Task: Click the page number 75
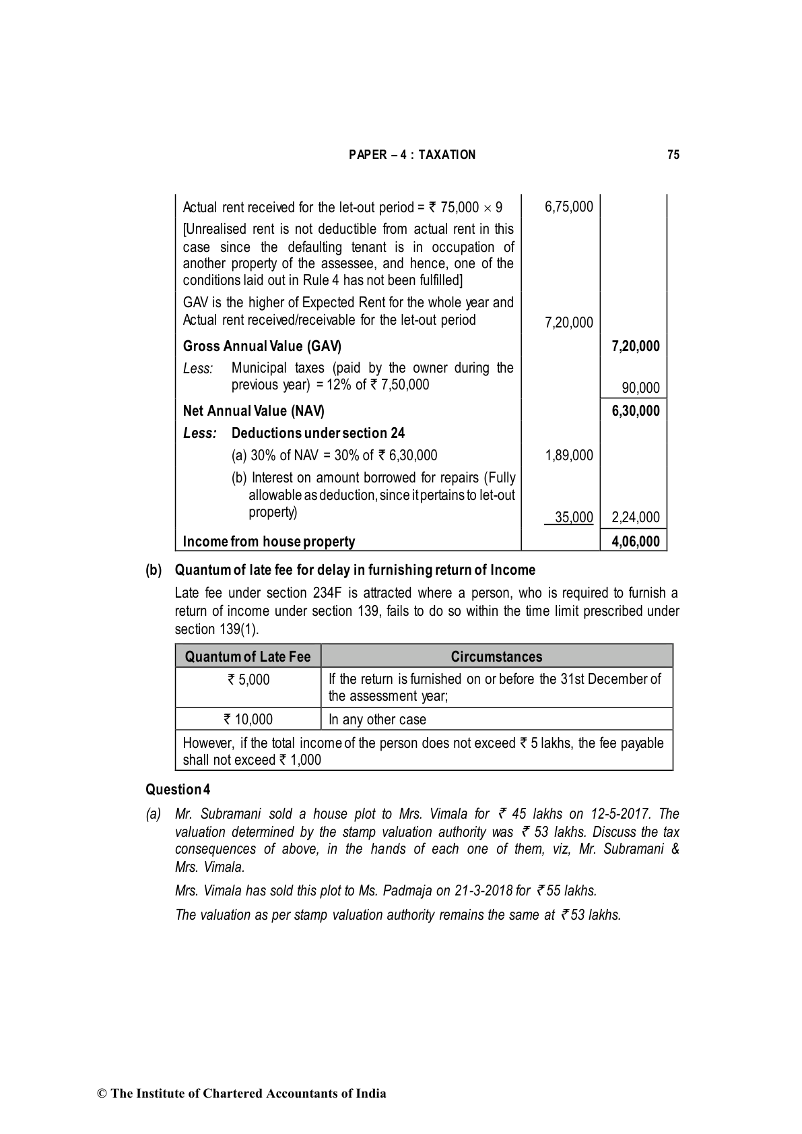(x=673, y=155)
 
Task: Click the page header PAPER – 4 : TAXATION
(x=411, y=155)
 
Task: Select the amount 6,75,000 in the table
(x=568, y=207)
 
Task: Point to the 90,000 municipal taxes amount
(x=640, y=387)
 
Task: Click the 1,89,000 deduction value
(x=568, y=455)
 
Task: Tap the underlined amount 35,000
(x=573, y=517)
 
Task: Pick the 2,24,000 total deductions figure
(x=635, y=517)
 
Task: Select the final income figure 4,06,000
(x=635, y=541)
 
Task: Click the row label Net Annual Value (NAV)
(x=253, y=411)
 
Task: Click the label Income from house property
(x=269, y=541)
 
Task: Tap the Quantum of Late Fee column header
(x=248, y=656)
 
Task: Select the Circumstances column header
(x=496, y=656)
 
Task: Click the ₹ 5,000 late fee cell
(x=248, y=679)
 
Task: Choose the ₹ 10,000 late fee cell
(x=248, y=720)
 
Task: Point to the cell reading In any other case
(x=377, y=720)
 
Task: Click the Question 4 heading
(x=178, y=789)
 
